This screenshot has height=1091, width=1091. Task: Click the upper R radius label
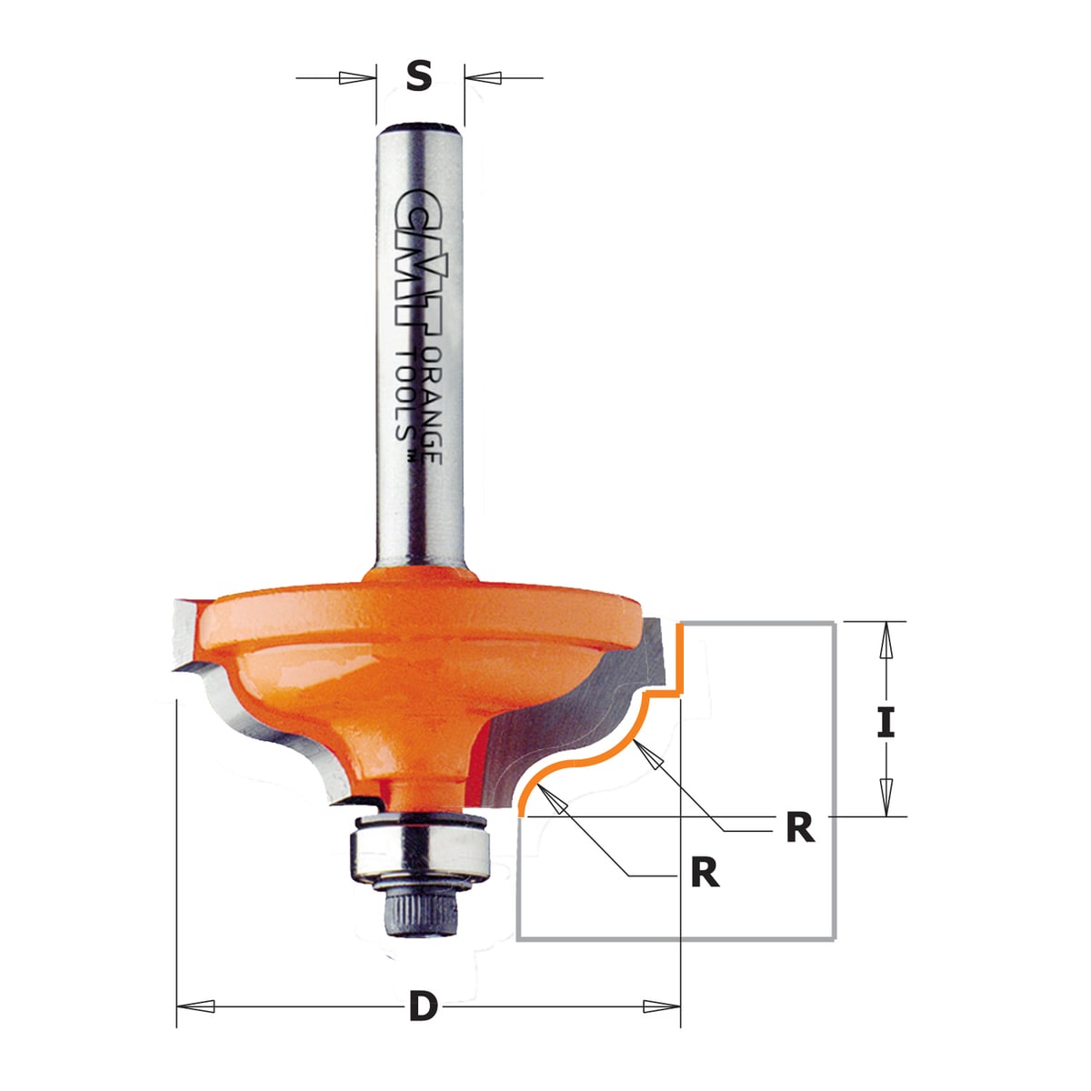click(x=800, y=828)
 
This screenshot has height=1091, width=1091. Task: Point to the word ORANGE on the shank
click(x=432, y=405)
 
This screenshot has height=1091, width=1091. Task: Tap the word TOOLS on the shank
click(x=405, y=394)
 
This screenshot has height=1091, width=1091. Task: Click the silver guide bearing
click(x=419, y=855)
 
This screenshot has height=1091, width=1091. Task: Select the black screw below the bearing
click(x=419, y=914)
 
